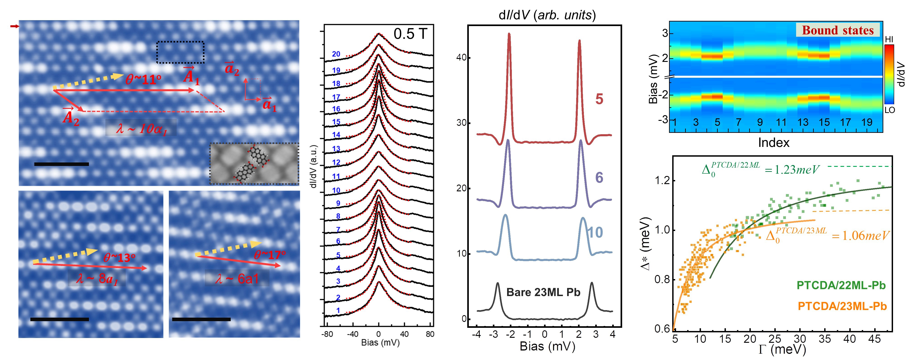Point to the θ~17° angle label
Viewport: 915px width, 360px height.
point(270,255)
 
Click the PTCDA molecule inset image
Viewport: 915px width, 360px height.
point(254,163)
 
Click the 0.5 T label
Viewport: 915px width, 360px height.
point(410,34)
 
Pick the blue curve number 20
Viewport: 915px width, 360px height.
point(336,54)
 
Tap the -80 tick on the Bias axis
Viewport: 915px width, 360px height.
point(327,334)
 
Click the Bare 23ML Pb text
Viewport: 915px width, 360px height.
point(543,292)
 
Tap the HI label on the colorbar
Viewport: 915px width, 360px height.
point(889,39)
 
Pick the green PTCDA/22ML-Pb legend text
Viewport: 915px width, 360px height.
point(841,285)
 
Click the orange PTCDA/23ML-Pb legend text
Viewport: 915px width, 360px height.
point(842,306)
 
